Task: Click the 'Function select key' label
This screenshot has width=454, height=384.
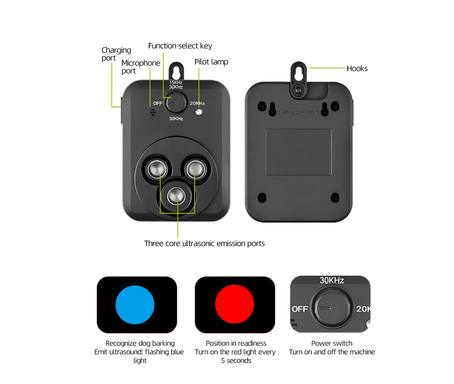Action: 180,46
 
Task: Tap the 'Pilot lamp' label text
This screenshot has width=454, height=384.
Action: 211,62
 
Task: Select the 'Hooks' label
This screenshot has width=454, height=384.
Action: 357,68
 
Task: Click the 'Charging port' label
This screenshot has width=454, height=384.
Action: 116,54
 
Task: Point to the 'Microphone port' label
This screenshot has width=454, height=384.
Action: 141,67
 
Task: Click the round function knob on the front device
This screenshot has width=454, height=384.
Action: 176,102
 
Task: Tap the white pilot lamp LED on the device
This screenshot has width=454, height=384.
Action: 199,112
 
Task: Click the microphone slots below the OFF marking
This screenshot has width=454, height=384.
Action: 153,112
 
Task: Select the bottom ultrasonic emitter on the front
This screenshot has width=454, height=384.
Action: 176,196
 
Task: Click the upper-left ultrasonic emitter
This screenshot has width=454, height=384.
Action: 157,169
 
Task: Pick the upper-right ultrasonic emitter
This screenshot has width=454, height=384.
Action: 195,169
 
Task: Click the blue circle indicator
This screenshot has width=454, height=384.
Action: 135,305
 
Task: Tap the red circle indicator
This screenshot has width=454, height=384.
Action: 234,304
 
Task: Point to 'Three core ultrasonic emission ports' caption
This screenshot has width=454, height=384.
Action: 204,243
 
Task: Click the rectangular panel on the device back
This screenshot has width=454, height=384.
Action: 298,152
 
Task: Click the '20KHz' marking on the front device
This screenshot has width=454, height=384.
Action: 197,104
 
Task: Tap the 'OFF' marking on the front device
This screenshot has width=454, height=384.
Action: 158,104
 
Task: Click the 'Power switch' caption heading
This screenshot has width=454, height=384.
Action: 332,343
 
